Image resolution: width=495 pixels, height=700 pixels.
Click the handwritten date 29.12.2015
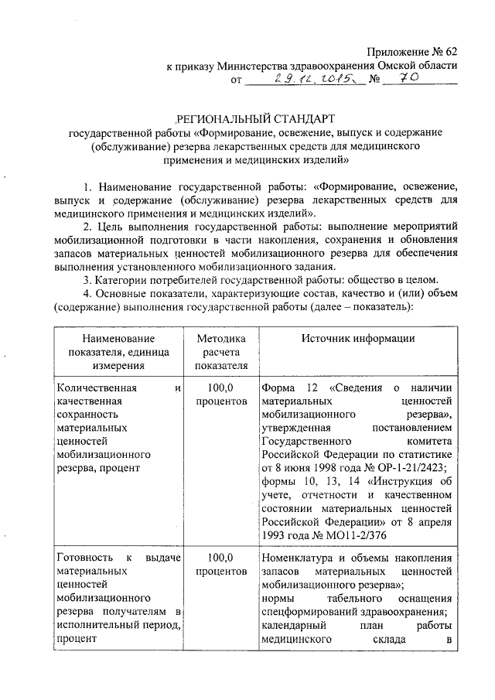pyautogui.click(x=302, y=80)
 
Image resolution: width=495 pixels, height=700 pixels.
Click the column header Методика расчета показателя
pyautogui.click(x=221, y=352)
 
